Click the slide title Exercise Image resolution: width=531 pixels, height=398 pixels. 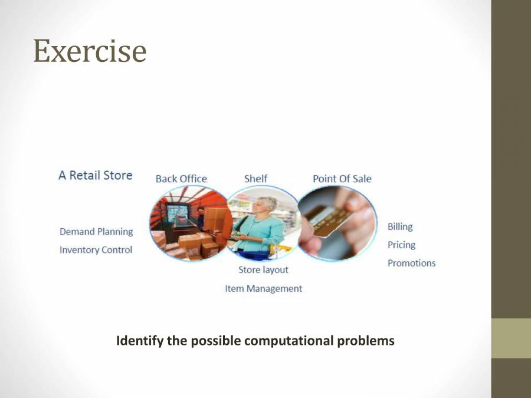90,51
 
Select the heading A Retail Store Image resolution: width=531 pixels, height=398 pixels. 96,175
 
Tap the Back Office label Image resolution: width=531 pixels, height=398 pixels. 181,179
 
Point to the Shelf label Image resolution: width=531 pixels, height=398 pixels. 255,179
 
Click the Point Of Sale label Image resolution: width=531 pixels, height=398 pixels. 342,179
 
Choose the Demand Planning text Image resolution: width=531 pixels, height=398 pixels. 96,232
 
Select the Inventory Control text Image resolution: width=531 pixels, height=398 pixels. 96,250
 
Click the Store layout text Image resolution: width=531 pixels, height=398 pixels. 263,270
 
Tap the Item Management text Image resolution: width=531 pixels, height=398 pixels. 264,289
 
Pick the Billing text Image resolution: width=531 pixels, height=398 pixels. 400,227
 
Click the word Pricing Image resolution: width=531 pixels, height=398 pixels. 401,245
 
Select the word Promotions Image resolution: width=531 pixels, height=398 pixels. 411,264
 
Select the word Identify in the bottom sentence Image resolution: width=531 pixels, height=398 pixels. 139,341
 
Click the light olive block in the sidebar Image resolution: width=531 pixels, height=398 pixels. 511,338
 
